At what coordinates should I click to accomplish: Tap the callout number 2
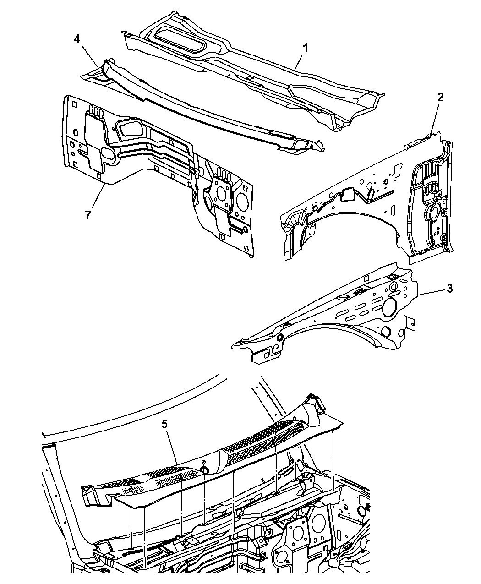click(x=440, y=97)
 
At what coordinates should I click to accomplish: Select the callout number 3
click(x=449, y=289)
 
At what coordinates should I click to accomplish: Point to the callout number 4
click(x=77, y=39)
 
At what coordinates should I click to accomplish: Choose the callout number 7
click(x=88, y=215)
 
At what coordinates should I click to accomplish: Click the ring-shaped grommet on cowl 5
click(x=205, y=470)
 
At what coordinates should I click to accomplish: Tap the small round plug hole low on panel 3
click(x=387, y=331)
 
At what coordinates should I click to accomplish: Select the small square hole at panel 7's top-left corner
click(x=74, y=104)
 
